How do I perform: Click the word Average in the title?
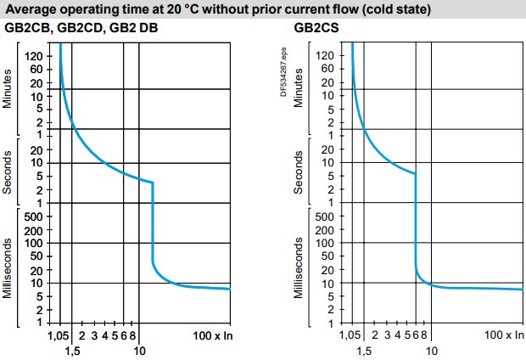(31, 10)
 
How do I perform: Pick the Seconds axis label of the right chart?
(298, 172)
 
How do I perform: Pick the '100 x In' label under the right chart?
(504, 336)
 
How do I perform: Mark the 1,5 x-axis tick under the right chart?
(364, 351)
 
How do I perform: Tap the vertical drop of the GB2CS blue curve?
(415, 221)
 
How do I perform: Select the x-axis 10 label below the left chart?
(139, 351)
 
